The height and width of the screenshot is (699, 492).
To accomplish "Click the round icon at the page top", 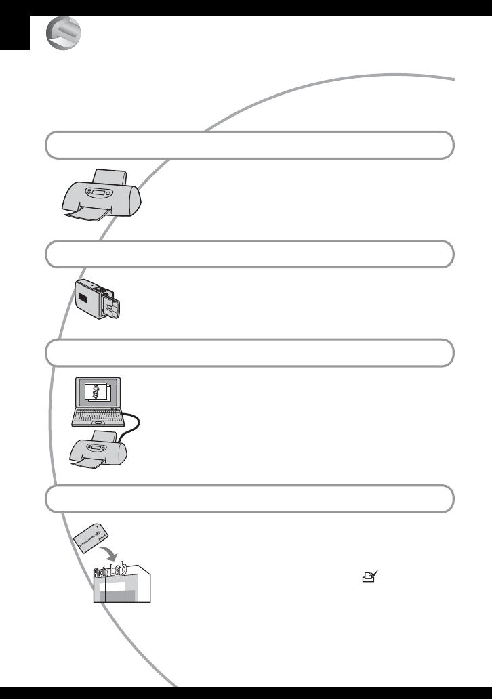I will point(63,34).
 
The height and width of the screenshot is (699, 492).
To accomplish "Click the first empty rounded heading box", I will point(249,145).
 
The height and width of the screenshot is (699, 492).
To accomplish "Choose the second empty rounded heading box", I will point(249,254).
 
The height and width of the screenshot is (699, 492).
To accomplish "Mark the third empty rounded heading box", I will point(249,353).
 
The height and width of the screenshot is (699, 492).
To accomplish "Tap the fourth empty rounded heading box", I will point(249,499).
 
